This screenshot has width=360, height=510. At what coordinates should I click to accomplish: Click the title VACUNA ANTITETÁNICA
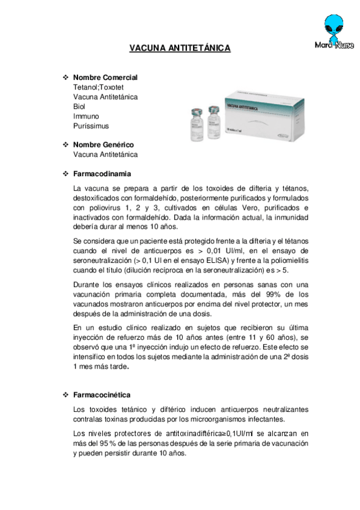180,49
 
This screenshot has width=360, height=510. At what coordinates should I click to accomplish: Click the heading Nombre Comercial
105,78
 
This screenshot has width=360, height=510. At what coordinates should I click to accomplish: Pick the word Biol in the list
79,106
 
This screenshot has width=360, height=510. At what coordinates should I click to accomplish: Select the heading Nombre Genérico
103,145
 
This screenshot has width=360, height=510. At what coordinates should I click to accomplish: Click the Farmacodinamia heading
102,174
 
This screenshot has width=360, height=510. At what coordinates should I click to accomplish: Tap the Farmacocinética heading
102,395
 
